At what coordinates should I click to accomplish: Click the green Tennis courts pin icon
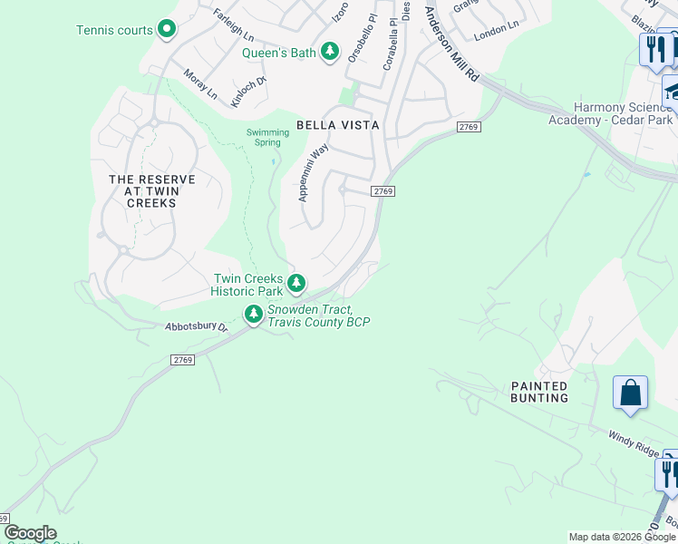[166, 30]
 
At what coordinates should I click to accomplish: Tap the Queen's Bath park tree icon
[332, 52]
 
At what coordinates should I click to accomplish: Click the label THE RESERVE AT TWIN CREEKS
[144, 191]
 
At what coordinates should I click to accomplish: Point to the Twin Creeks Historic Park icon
[296, 285]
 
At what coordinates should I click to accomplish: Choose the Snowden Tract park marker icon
[253, 315]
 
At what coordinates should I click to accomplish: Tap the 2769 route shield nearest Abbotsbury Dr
[182, 360]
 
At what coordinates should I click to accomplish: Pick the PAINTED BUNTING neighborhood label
[539, 392]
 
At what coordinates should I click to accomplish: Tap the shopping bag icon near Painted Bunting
[630, 393]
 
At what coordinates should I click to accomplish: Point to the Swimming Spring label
[268, 137]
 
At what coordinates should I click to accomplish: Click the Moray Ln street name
[200, 84]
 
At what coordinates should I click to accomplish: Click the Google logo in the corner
[29, 533]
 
